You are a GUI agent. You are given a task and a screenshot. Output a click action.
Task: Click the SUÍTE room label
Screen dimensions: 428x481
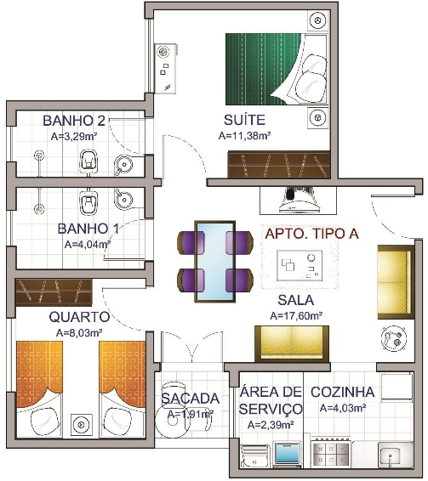pyautogui.click(x=244, y=120)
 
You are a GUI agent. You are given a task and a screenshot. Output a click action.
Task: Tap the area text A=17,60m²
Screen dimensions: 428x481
pyautogui.click(x=296, y=315)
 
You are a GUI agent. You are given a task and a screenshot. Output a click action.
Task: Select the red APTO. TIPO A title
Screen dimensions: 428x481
pyautogui.click(x=311, y=234)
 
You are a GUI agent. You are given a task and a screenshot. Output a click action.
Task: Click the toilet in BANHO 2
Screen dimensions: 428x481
pyautogui.click(x=88, y=161)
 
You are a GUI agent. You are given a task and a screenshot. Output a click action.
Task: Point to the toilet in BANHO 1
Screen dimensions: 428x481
pyautogui.click(x=88, y=202)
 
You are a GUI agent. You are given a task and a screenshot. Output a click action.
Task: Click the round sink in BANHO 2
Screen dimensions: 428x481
pyautogui.click(x=123, y=165)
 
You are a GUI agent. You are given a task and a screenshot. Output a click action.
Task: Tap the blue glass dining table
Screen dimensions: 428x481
pyautogui.click(x=215, y=262)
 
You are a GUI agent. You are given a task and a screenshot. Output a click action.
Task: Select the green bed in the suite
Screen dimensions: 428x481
pyautogui.click(x=277, y=69)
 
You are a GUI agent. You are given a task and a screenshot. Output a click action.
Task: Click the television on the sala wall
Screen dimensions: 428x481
pyautogui.click(x=298, y=200)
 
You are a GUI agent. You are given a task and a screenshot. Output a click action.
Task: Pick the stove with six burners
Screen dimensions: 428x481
pyautogui.click(x=331, y=454)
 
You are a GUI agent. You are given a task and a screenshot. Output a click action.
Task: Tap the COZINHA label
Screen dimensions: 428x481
pyautogui.click(x=343, y=392)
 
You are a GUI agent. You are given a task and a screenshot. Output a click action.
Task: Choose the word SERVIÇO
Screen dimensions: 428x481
pyautogui.click(x=271, y=409)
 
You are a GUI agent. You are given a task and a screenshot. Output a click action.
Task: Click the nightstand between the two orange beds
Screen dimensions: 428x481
pyautogui.click(x=82, y=425)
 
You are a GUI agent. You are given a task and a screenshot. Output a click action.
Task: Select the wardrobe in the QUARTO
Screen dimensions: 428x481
pyautogui.click(x=54, y=292)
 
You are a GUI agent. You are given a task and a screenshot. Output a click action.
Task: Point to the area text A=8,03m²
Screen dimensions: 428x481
pyautogui.click(x=79, y=333)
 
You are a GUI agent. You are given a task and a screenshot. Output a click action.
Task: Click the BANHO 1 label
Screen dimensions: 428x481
pyautogui.click(x=88, y=229)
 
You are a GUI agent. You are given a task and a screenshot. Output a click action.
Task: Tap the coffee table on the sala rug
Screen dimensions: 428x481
pyautogui.click(x=300, y=265)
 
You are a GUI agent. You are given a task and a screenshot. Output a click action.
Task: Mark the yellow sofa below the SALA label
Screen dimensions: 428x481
pyautogui.click(x=292, y=344)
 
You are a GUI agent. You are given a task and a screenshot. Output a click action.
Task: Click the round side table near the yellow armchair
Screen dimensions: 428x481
pyautogui.click(x=394, y=337)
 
